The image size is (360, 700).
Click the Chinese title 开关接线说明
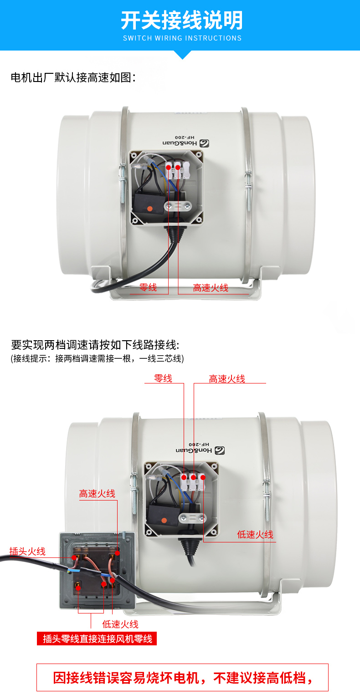[x=182, y=20]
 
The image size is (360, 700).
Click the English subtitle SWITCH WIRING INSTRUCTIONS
[x=182, y=38]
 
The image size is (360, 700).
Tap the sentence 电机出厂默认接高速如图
[x=73, y=77]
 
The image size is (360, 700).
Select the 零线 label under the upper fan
[x=148, y=287]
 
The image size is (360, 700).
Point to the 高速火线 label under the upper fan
[x=211, y=288]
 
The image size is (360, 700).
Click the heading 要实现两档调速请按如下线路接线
[x=95, y=345]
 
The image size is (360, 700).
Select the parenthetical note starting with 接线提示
[x=97, y=358]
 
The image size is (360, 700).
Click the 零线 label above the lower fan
[x=163, y=378]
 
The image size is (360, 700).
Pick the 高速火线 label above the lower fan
[x=227, y=379]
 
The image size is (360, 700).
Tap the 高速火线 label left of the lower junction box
[x=97, y=494]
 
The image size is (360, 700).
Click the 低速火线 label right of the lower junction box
[x=255, y=535]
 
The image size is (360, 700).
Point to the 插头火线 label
[x=27, y=551]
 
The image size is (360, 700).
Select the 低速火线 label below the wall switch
[x=120, y=624]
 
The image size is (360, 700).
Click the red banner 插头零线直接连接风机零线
[x=97, y=639]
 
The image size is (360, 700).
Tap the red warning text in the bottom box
[x=183, y=678]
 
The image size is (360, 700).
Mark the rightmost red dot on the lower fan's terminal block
[x=203, y=477]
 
